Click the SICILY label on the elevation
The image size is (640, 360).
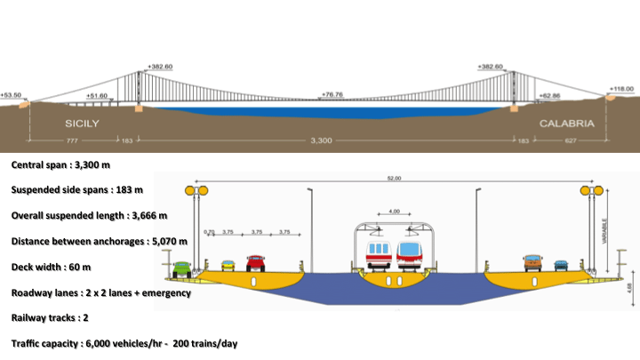(82, 124)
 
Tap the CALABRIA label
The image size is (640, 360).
(566, 124)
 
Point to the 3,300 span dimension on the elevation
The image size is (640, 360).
(321, 140)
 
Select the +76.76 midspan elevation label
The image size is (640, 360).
(332, 94)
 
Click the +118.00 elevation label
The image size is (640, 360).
(621, 89)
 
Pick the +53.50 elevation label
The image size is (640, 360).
(11, 95)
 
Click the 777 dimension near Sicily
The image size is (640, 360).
(72, 140)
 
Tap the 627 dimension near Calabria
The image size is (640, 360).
(571, 140)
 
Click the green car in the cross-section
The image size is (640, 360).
(181, 269)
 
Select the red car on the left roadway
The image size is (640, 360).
(255, 263)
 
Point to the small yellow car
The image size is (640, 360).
(228, 266)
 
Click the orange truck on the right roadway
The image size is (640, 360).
(532, 263)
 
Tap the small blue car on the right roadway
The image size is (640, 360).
(561, 266)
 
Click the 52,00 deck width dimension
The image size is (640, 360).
(394, 178)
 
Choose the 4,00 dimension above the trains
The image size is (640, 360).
(395, 211)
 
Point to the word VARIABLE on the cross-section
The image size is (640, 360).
(604, 231)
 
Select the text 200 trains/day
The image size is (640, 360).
(205, 344)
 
